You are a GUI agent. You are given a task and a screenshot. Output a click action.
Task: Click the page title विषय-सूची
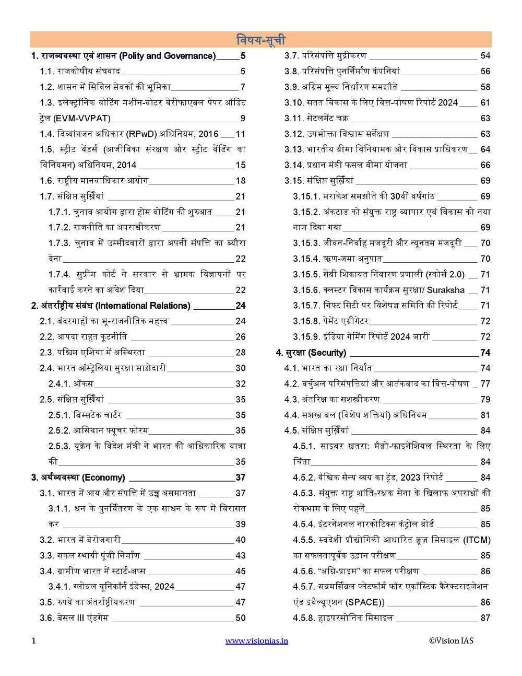click(260, 40)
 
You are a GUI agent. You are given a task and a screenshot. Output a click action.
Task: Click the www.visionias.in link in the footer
click(256, 640)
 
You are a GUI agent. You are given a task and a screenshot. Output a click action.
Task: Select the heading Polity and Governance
click(167, 56)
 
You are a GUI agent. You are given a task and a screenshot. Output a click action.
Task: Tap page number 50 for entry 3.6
click(240, 618)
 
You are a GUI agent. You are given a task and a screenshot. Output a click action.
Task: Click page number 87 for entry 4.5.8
click(485, 618)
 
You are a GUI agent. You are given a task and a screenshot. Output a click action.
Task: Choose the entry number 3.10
click(293, 102)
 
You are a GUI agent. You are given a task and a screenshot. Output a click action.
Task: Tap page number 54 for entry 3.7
click(485, 56)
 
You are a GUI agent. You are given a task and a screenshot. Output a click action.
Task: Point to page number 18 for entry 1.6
click(240, 181)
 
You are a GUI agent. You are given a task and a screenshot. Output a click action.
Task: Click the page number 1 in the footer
click(34, 640)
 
